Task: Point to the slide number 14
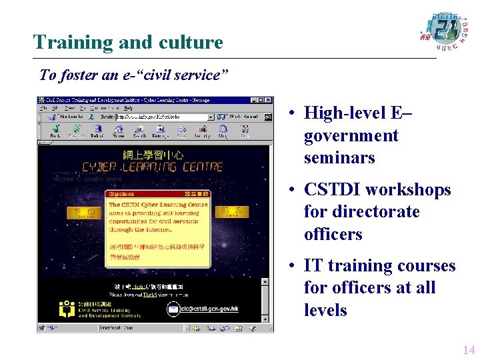point(468,350)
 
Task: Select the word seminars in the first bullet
point(339,158)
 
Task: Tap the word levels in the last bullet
point(325,310)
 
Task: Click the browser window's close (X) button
point(269,100)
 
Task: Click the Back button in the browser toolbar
point(55,131)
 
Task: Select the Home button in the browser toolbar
point(118,131)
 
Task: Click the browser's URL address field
point(164,116)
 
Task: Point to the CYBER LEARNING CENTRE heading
point(152,167)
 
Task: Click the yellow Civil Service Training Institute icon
point(67,309)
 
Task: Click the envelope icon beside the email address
point(173,309)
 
